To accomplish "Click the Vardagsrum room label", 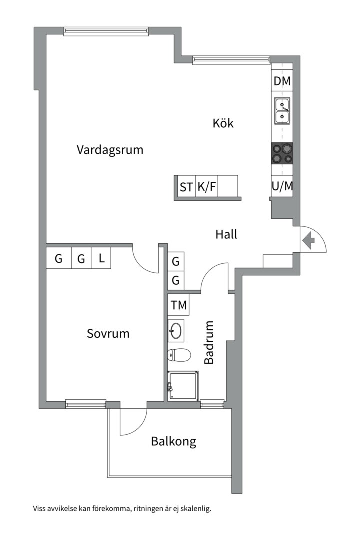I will (110, 149).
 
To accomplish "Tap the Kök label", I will (223, 123).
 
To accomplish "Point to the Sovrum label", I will (108, 333).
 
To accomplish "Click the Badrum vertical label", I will (209, 342).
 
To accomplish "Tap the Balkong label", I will (173, 441).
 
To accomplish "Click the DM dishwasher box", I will (282, 81).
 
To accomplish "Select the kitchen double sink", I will (282, 111).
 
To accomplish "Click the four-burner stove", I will (282, 153).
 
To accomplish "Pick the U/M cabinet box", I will (282, 186).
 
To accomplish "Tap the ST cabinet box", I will (186, 187).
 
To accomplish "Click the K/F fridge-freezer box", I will (207, 187).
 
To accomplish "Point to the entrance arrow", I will (308, 241).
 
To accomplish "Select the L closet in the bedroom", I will (101, 259).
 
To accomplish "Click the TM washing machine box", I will (178, 305).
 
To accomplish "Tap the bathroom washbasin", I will (176, 330).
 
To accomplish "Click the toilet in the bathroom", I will (179, 355).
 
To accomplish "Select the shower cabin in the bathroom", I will (183, 385).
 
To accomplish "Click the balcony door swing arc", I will (133, 423).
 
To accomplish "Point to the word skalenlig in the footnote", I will (195, 509).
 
